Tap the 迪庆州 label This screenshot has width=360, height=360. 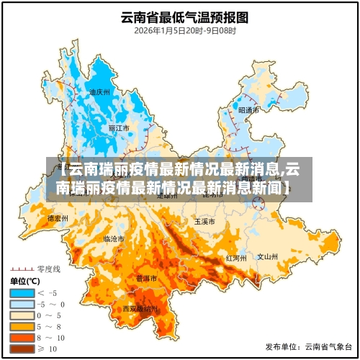[x=99, y=92]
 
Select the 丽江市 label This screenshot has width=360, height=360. [x=119, y=128]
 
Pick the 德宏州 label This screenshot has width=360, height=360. [x=58, y=217]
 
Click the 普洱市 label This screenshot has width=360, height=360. [x=147, y=278]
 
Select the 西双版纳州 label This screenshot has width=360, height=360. [x=140, y=309]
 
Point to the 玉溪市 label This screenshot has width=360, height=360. [x=204, y=222]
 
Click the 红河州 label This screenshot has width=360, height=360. [x=236, y=257]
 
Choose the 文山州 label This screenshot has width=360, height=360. [x=267, y=256]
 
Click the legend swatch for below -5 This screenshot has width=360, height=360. [x=21, y=293]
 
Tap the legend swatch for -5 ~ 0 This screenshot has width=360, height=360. [x=21, y=304]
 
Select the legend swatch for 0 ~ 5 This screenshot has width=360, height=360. [x=21, y=315]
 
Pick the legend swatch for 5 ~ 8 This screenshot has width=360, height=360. [x=21, y=325]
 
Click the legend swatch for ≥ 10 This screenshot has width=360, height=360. [x=21, y=348]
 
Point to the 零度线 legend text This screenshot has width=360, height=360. [x=50, y=268]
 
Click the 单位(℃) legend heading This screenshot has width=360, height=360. [x=26, y=281]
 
